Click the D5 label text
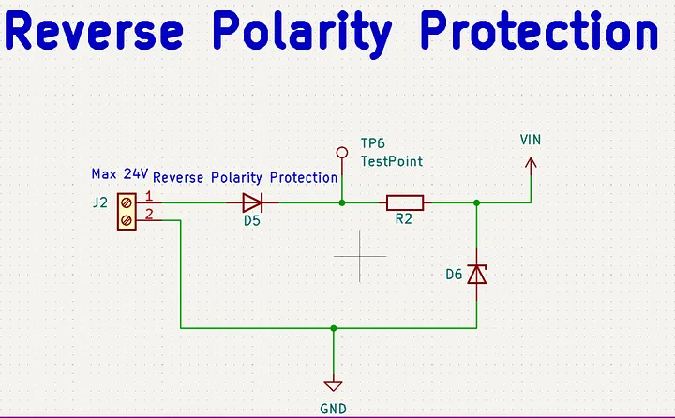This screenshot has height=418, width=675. (x=252, y=221)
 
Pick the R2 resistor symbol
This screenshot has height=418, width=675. (x=404, y=202)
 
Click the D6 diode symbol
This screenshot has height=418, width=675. (x=477, y=274)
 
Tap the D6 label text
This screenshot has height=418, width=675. (x=454, y=275)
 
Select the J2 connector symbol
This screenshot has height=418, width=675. (x=126, y=211)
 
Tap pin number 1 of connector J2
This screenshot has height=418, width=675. (x=148, y=195)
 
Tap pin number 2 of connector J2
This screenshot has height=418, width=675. (x=148, y=214)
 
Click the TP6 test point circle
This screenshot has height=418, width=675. (x=342, y=150)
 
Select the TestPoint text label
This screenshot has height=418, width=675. (x=392, y=161)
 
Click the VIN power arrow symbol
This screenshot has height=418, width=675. (x=531, y=165)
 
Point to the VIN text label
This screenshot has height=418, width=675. (x=531, y=140)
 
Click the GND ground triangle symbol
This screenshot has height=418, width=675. (x=333, y=385)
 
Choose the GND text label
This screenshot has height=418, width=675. (x=333, y=409)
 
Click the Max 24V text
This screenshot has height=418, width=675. (x=119, y=174)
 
